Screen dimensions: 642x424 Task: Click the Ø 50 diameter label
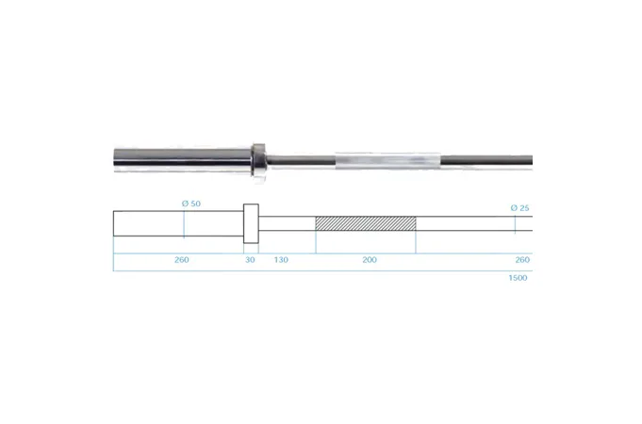(191, 204)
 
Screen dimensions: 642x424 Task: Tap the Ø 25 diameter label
(520, 208)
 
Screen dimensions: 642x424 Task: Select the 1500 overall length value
(518, 278)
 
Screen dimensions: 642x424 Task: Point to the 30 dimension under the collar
(250, 260)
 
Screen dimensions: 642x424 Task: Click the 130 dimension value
(281, 260)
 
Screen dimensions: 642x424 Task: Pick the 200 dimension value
(370, 260)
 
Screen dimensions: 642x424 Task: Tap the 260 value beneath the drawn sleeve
(181, 260)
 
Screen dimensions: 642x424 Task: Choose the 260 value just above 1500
(522, 260)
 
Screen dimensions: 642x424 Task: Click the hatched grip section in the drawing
(366, 223)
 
